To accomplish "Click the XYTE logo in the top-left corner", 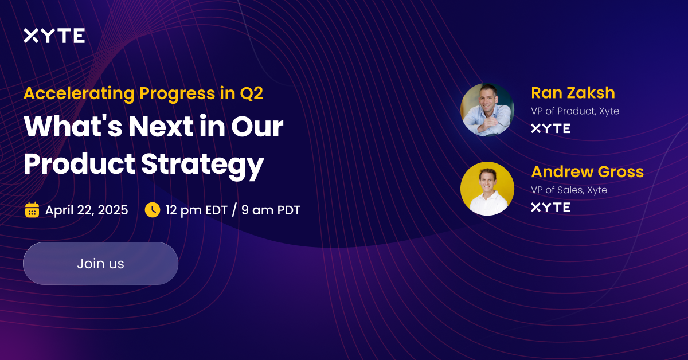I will pyautogui.click(x=54, y=36).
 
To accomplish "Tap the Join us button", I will pyautogui.click(x=100, y=264).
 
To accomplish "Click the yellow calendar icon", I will pyautogui.click(x=32, y=210).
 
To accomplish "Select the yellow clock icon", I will pyautogui.click(x=152, y=210).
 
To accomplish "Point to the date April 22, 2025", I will pyautogui.click(x=87, y=210).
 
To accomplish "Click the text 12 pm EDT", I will pyautogui.click(x=196, y=210).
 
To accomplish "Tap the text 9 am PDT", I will pyautogui.click(x=271, y=210).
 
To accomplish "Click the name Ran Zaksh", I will pyautogui.click(x=573, y=92).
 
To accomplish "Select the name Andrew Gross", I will pyautogui.click(x=587, y=171).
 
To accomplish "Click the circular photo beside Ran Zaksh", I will pyautogui.click(x=487, y=109).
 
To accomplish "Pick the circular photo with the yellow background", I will pyautogui.click(x=487, y=189).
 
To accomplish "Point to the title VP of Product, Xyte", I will pyautogui.click(x=575, y=111).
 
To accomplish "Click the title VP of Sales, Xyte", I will pyautogui.click(x=569, y=190).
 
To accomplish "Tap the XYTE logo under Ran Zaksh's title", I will pyautogui.click(x=550, y=128).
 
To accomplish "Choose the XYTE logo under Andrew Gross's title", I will pyautogui.click(x=550, y=208).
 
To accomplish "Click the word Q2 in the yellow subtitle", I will pyautogui.click(x=251, y=93).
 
